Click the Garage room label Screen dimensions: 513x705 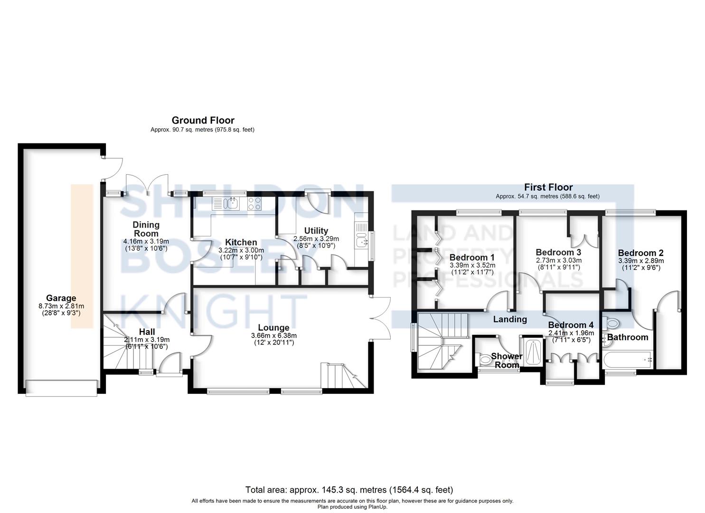(61, 298)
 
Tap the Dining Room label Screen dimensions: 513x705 (146, 229)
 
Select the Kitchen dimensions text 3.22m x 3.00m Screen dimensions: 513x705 (241, 250)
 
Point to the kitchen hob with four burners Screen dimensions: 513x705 (254, 204)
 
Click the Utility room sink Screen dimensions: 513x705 (362, 242)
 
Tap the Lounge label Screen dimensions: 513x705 (273, 328)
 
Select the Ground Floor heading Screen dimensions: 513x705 (203, 120)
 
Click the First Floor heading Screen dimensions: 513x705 (548, 187)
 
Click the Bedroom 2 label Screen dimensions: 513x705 (640, 253)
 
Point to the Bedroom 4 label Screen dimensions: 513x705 (571, 325)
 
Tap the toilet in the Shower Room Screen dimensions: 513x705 (485, 360)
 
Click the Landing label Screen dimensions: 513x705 (509, 319)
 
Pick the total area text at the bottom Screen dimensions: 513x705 (349, 490)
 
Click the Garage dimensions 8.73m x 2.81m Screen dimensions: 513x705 (61, 306)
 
